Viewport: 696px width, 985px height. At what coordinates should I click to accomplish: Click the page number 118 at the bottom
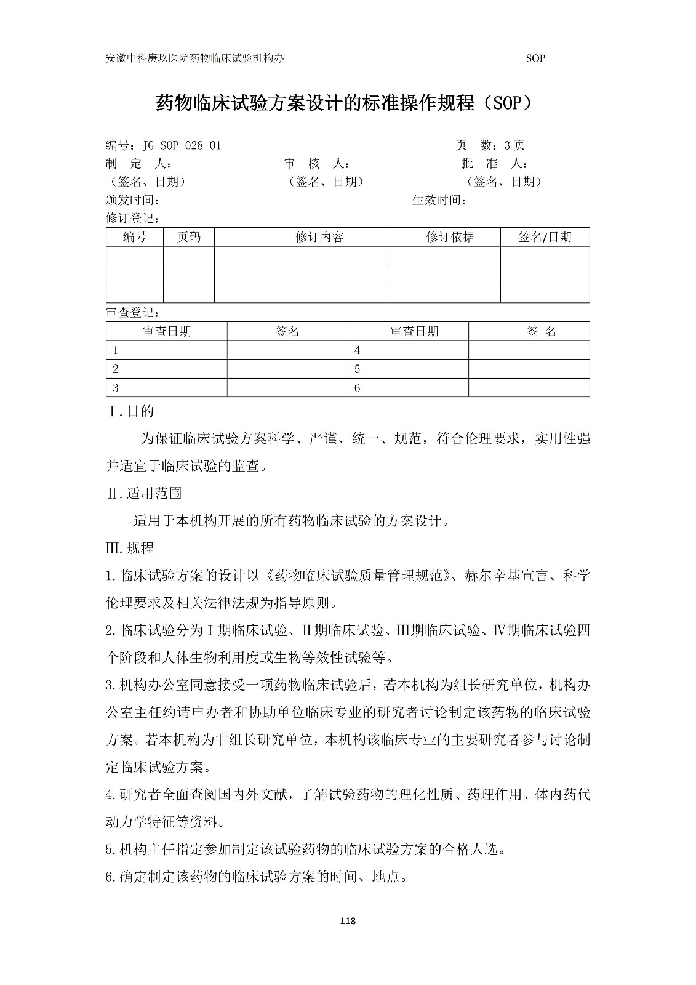click(x=348, y=921)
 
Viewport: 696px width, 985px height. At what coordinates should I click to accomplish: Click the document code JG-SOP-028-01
click(x=181, y=146)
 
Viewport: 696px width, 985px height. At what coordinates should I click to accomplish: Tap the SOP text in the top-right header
click(x=535, y=58)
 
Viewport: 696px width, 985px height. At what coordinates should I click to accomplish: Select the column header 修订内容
click(x=319, y=237)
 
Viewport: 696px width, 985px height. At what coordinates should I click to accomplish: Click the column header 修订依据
click(x=450, y=237)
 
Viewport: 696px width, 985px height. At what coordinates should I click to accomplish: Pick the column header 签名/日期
click(x=545, y=237)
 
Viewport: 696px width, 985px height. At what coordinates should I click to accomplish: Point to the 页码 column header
click(x=188, y=237)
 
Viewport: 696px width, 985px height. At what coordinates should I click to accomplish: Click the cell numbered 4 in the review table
click(x=358, y=350)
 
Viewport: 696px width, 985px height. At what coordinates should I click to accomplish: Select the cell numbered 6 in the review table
click(x=358, y=388)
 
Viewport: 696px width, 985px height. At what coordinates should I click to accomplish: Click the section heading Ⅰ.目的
click(x=130, y=411)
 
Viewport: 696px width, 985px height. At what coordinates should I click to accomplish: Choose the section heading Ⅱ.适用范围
click(x=144, y=493)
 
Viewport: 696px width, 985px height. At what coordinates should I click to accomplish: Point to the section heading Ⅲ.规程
click(x=130, y=548)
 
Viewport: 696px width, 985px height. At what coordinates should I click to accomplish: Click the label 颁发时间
click(x=133, y=200)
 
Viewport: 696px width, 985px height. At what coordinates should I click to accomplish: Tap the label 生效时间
click(x=438, y=200)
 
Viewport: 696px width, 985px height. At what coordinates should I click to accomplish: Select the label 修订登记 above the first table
click(x=133, y=219)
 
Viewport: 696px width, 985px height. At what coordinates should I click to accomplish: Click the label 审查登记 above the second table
click(x=133, y=313)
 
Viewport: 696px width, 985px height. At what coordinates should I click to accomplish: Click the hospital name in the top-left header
click(x=195, y=58)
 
